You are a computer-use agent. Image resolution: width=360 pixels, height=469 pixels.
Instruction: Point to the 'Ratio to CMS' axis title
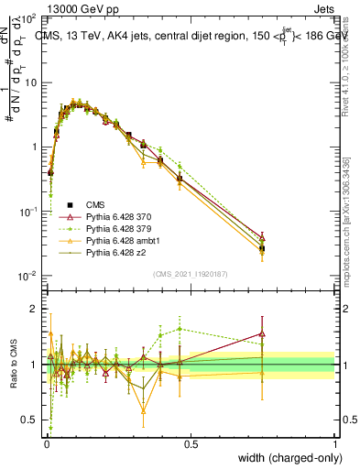14,364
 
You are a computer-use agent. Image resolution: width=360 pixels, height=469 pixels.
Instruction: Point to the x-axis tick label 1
334,444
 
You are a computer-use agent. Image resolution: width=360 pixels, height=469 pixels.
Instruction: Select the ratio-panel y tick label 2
34,309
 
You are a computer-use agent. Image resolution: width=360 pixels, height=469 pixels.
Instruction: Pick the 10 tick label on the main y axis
31,82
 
